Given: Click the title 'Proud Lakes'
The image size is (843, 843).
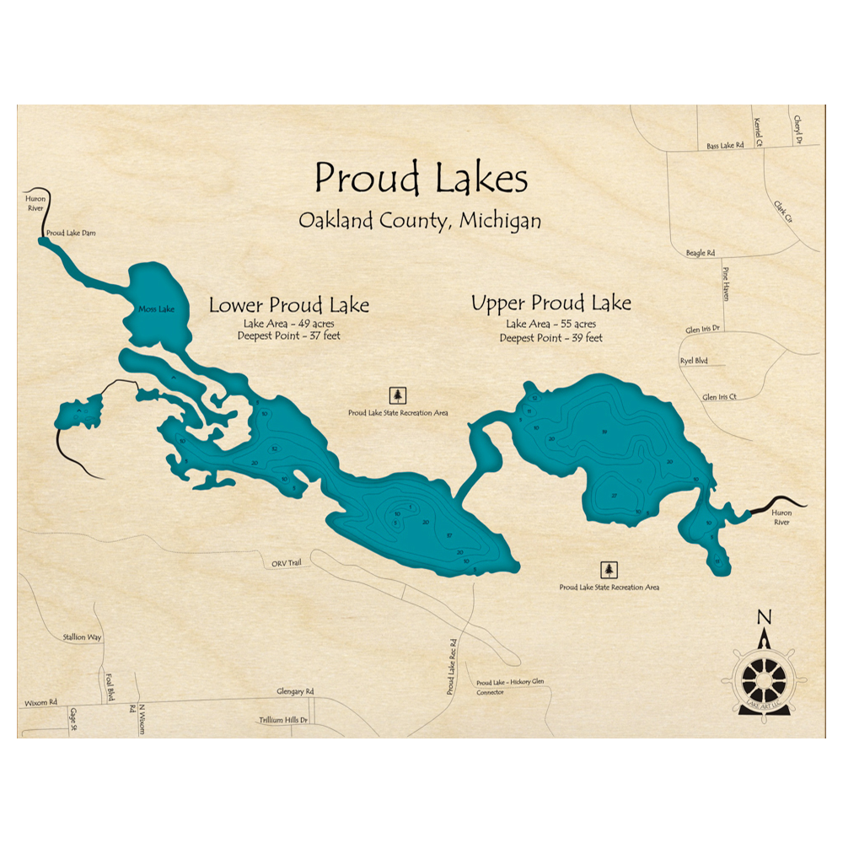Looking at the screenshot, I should pos(421,179).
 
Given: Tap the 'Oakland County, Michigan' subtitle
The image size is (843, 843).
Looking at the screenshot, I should pos(420,221).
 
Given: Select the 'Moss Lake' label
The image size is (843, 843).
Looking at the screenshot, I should pos(155,309).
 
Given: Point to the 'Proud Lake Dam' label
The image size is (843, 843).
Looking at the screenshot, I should pos(72,233).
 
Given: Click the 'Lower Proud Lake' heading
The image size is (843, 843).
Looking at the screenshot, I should pos(289,305).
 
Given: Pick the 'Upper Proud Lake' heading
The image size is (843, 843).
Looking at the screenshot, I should pos(551,303).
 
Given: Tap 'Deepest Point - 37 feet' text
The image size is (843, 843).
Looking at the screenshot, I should pos(289,337).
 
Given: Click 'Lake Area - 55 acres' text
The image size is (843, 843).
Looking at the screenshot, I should pos(551,325).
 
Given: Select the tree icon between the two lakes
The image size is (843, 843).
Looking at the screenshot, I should pos(398,395).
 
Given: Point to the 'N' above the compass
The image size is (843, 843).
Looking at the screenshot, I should pos(764,616).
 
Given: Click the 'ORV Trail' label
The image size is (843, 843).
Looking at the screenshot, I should pos(286,563).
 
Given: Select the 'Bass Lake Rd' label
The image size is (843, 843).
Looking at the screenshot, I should pos(725,146).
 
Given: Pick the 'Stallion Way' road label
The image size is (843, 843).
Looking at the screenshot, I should pos(82,637).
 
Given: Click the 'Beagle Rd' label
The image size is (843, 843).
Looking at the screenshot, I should pos(701,253).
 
